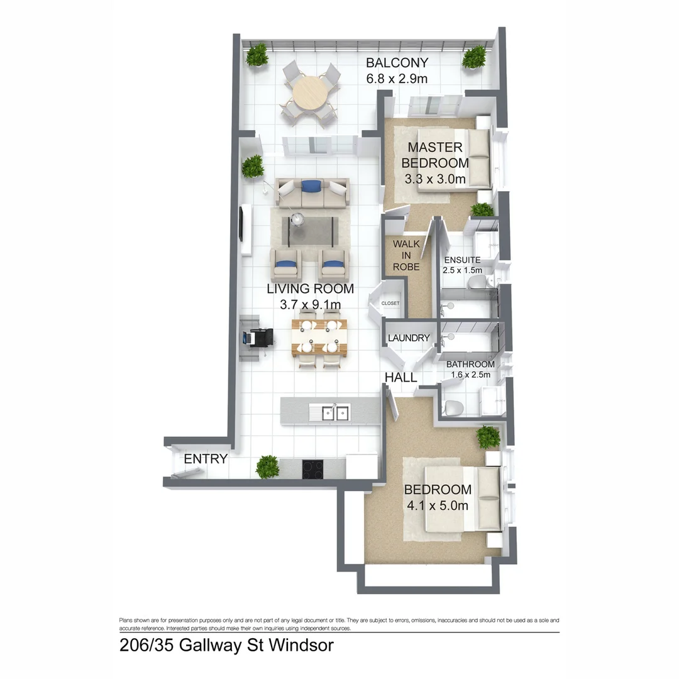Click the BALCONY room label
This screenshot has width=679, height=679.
pyautogui.click(x=397, y=63)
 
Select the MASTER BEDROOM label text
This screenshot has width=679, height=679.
pyautogui.click(x=436, y=155)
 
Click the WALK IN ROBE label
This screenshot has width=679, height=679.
pyautogui.click(x=406, y=255)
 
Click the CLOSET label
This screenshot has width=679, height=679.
pyautogui.click(x=390, y=303)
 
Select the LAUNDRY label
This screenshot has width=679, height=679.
pyautogui.click(x=409, y=338)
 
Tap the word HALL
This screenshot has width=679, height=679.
pyautogui.click(x=401, y=377)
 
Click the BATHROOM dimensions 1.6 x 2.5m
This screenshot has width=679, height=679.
pyautogui.click(x=470, y=375)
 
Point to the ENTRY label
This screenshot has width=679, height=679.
pyautogui.click(x=205, y=459)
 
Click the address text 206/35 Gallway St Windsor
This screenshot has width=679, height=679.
pyautogui.click(x=226, y=645)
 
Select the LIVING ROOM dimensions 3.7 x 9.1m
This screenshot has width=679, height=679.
pyautogui.click(x=310, y=305)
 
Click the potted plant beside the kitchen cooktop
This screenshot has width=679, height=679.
pyautogui.click(x=267, y=466)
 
